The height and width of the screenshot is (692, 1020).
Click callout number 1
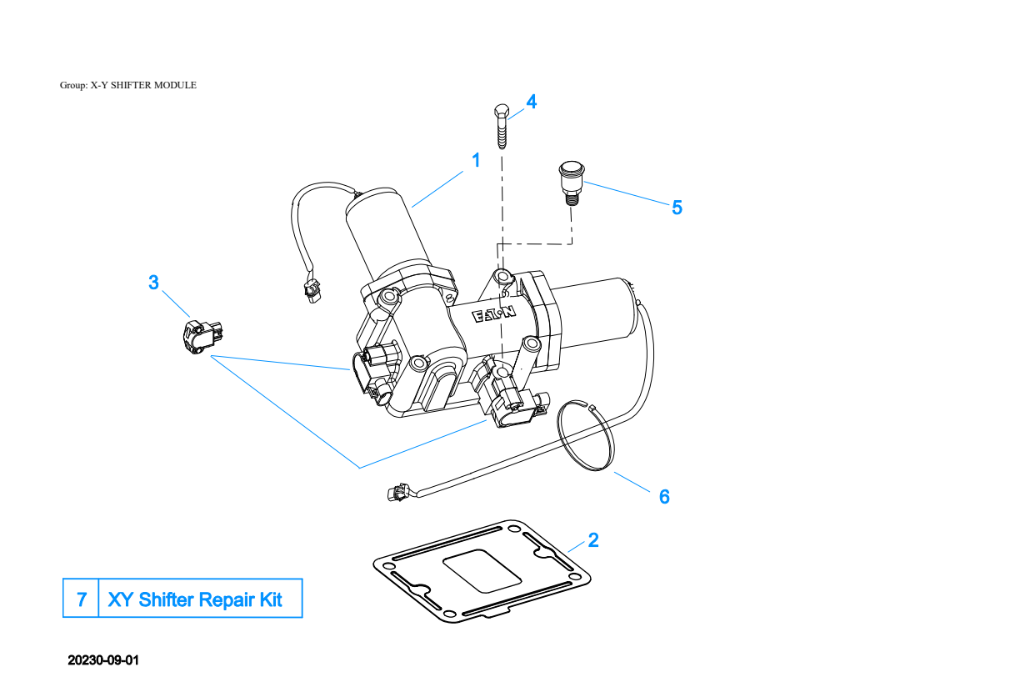pyautogui.click(x=476, y=160)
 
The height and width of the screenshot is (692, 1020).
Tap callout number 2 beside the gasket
pyautogui.click(x=593, y=540)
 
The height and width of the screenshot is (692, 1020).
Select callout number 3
pyautogui.click(x=154, y=283)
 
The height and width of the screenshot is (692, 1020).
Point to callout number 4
pyautogui.click(x=532, y=102)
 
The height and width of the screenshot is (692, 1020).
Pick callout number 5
pyautogui.click(x=677, y=208)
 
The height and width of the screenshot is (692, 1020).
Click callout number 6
pyautogui.click(x=664, y=497)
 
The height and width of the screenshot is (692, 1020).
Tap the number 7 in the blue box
pyautogui.click(x=82, y=599)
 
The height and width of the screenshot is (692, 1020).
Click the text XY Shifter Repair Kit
pyautogui.click(x=195, y=599)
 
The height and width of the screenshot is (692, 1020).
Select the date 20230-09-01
pyautogui.click(x=102, y=660)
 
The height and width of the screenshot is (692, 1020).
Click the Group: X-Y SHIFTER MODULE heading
pyautogui.click(x=128, y=85)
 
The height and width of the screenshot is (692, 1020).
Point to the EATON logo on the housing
pyautogui.click(x=494, y=314)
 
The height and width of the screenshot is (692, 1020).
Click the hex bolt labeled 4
pyautogui.click(x=502, y=127)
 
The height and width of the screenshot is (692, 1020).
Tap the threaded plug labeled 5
pyautogui.click(x=572, y=183)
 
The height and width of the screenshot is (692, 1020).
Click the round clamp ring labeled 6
pyautogui.click(x=586, y=435)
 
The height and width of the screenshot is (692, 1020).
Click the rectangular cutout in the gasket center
pyautogui.click(x=482, y=571)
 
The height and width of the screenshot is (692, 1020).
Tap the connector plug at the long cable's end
pyautogui.click(x=398, y=492)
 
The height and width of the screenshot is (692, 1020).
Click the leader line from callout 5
pyautogui.click(x=627, y=193)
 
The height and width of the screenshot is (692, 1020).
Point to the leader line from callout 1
pyautogui.click(x=437, y=189)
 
